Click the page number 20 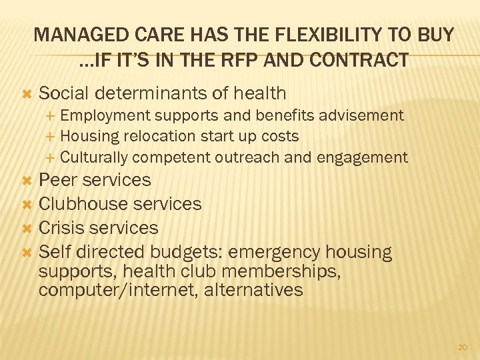(x=463, y=347)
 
